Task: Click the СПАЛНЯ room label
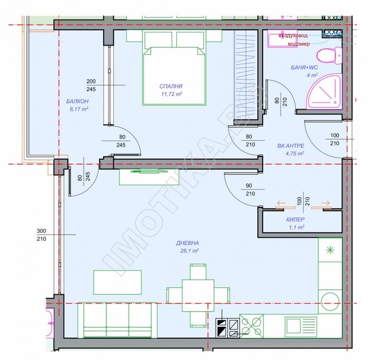tap(171, 86)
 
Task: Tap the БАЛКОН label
tap(78, 102)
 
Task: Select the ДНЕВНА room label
tap(187, 243)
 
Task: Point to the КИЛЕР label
tap(295, 219)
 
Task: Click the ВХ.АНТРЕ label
tap(290, 146)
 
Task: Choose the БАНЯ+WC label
tap(304, 67)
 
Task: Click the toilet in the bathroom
tap(329, 56)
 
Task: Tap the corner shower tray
tap(324, 91)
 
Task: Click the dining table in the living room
tap(198, 295)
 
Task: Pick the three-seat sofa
tap(118, 320)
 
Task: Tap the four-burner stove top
tap(252, 326)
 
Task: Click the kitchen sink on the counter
tap(301, 326)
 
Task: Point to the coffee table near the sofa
tap(118, 282)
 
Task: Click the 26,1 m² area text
tap(189, 251)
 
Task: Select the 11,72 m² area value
tap(171, 94)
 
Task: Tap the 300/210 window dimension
tap(42, 235)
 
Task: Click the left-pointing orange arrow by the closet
tap(282, 203)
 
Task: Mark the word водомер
tap(298, 44)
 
